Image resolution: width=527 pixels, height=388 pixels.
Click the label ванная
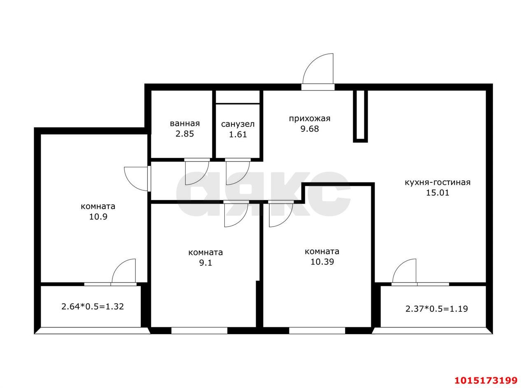pyautogui.click(x=185, y=124)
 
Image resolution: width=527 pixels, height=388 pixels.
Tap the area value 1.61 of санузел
pyautogui.click(x=238, y=134)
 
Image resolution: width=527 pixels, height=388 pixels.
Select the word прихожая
pyautogui.click(x=310, y=119)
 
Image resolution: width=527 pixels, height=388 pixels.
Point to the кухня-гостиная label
pyautogui.click(x=437, y=182)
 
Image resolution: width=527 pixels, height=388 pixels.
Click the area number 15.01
pyautogui.click(x=438, y=193)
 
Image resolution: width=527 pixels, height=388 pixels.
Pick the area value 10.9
pyautogui.click(x=98, y=217)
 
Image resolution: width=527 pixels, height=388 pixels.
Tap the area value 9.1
pyautogui.click(x=205, y=262)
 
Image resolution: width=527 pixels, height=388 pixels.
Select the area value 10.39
pyautogui.click(x=322, y=262)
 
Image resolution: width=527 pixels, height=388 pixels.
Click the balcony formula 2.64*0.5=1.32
pyautogui.click(x=93, y=306)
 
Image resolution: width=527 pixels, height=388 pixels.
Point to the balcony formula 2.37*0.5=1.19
pyautogui.click(x=437, y=309)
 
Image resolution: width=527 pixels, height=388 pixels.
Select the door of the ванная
pyautogui.click(x=197, y=172)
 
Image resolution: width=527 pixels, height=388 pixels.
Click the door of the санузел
pyautogui.click(x=238, y=172)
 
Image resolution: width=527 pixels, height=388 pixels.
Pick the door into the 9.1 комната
pyautogui.click(x=236, y=214)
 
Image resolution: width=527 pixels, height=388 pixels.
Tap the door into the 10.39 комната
pyautogui.click(x=281, y=214)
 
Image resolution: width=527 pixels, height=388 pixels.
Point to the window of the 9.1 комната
pyautogui.click(x=199, y=331)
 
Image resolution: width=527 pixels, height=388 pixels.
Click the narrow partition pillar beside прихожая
pyautogui.click(x=360, y=116)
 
